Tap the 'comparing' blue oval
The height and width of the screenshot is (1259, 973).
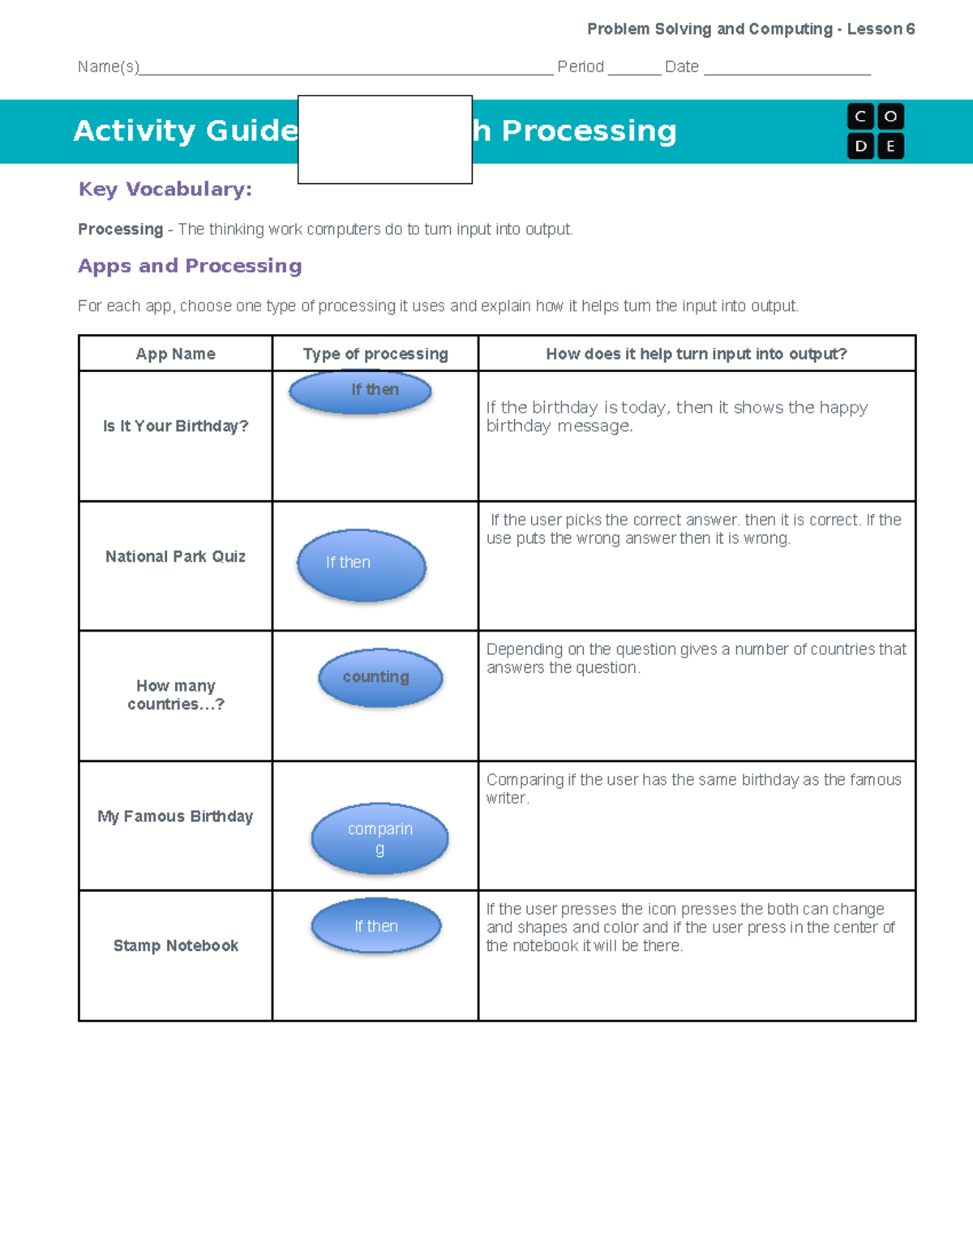tap(379, 838)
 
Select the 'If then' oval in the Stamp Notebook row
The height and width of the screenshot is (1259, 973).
tap(376, 925)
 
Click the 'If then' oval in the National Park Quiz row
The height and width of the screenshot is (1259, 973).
tap(362, 565)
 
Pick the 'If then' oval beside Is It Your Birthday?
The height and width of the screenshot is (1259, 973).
tap(361, 392)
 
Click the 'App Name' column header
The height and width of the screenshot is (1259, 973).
tap(175, 354)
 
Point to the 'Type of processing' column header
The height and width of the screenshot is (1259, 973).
tap(375, 354)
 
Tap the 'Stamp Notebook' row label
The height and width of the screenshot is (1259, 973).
tap(175, 945)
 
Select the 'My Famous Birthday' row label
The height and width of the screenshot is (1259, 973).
tap(175, 816)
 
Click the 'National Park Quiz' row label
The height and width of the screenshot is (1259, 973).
tap(175, 556)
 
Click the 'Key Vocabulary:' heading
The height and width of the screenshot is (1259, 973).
tap(165, 189)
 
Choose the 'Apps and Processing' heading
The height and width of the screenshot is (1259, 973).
tap(190, 266)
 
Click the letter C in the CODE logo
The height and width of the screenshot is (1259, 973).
tap(860, 117)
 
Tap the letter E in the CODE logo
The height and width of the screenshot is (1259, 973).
tap(890, 147)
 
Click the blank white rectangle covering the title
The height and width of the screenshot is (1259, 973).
tap(385, 139)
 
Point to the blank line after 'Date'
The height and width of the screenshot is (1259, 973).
tap(787, 68)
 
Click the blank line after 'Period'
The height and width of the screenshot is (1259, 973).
tap(634, 68)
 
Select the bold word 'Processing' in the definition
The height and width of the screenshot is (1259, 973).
tap(120, 229)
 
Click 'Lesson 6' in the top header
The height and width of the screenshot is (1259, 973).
tap(881, 29)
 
